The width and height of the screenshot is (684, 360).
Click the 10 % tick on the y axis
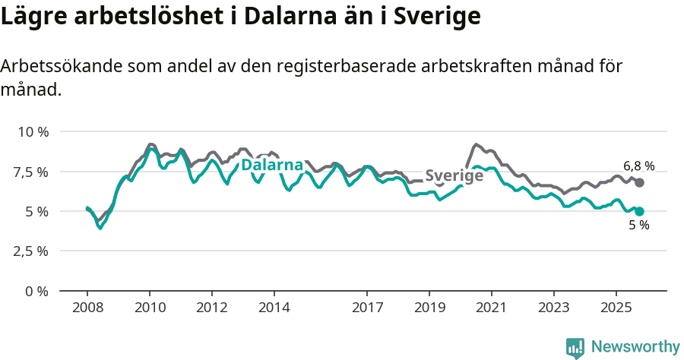(x=33, y=131)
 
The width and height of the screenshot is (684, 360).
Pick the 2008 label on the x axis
(x=87, y=308)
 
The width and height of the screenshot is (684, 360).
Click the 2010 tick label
(x=150, y=308)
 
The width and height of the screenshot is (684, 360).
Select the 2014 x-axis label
(x=274, y=308)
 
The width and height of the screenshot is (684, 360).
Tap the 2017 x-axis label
(x=367, y=308)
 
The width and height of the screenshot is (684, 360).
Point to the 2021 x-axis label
(x=492, y=308)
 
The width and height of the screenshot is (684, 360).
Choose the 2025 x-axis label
(x=616, y=308)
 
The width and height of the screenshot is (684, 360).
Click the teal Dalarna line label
(x=272, y=165)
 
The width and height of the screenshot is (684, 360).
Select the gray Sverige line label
(x=454, y=175)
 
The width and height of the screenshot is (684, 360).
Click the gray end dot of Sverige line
(x=640, y=182)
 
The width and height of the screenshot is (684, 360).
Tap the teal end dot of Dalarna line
(x=640, y=211)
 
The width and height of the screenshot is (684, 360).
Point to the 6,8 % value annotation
(x=638, y=166)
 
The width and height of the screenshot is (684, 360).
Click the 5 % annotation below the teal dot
(x=638, y=226)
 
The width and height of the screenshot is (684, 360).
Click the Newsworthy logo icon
(x=575, y=347)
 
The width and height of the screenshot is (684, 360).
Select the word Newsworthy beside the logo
(x=635, y=347)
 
